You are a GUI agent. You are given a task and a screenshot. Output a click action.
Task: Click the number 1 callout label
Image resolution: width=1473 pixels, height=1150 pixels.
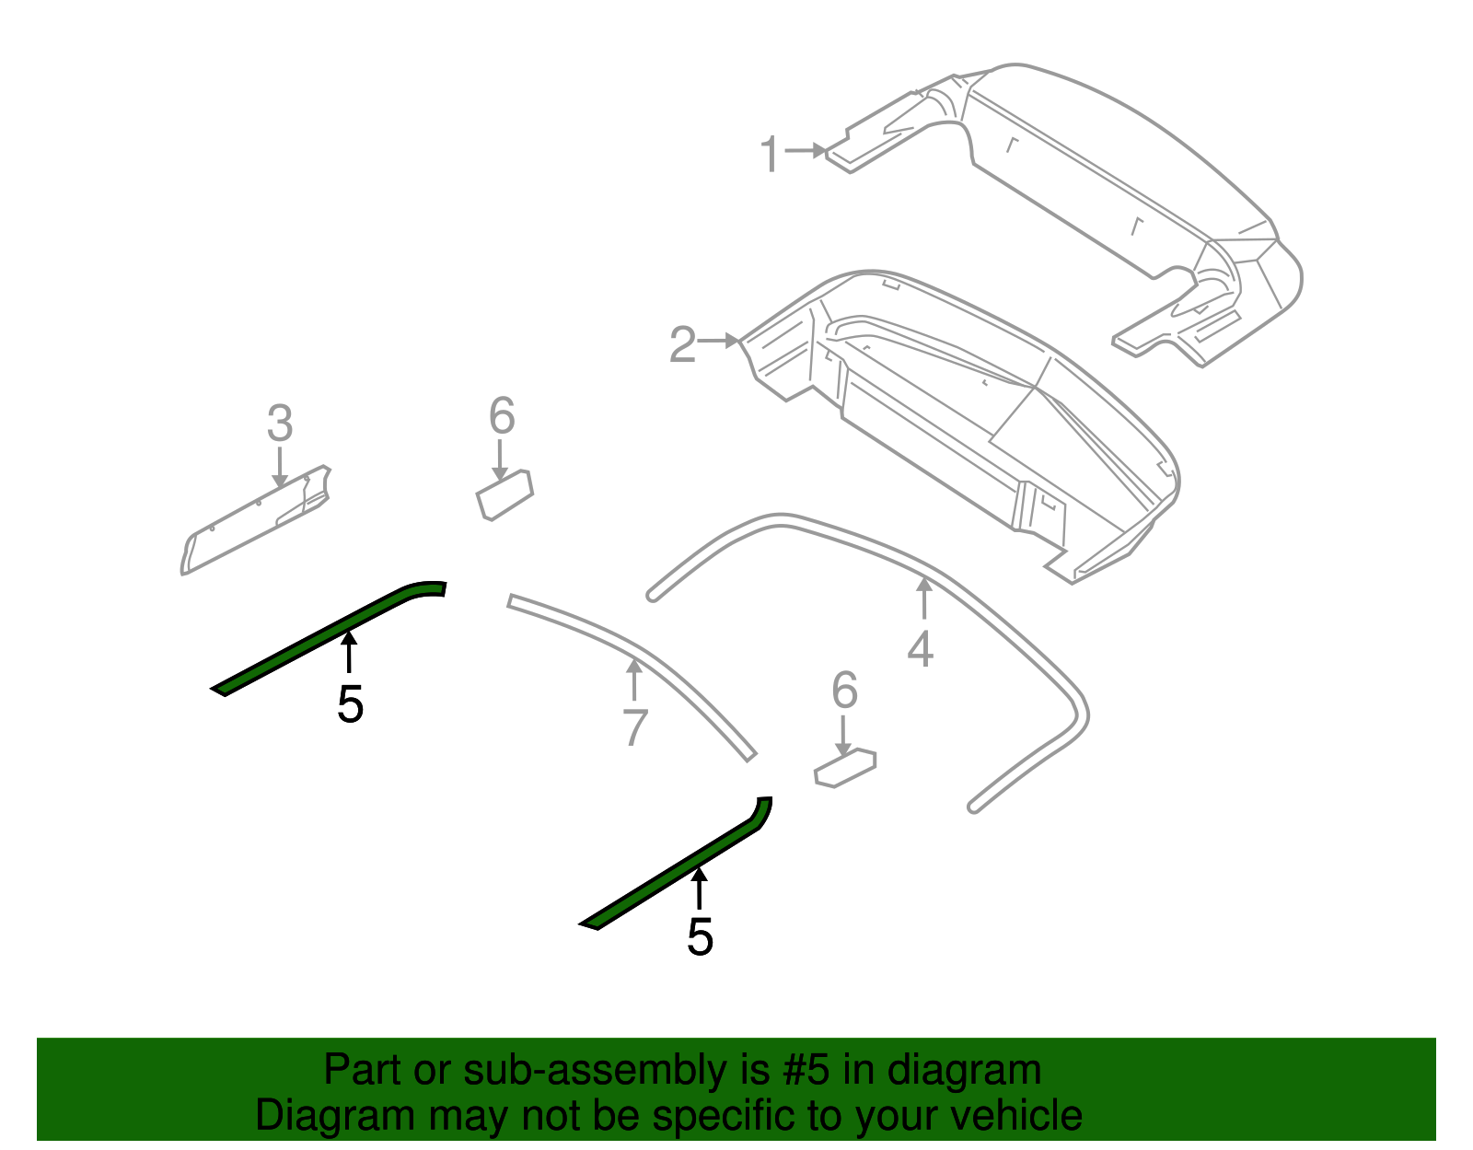point(770,155)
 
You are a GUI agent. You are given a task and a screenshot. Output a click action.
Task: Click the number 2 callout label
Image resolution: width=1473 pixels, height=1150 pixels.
point(682,344)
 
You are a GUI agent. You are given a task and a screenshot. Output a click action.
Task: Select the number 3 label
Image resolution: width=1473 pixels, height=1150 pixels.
point(280,424)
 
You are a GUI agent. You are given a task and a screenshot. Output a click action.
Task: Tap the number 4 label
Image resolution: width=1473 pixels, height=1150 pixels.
point(920,648)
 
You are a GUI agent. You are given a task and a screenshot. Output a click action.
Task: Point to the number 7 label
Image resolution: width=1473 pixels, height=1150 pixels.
point(635,726)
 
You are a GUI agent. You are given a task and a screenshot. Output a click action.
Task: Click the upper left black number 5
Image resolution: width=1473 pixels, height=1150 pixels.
point(350,704)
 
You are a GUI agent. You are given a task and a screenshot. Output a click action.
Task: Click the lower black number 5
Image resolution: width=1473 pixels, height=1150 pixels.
point(700,937)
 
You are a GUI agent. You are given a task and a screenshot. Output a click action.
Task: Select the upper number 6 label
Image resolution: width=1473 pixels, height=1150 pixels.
point(501,416)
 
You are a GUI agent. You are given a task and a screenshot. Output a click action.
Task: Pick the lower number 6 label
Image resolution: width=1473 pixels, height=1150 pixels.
point(844,691)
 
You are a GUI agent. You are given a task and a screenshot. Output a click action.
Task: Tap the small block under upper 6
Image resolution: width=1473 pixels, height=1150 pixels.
point(505,494)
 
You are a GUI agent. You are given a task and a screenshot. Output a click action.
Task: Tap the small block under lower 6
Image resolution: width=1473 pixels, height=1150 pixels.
point(845,768)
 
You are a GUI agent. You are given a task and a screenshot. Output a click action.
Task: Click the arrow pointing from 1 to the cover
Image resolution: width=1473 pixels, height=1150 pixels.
point(806,150)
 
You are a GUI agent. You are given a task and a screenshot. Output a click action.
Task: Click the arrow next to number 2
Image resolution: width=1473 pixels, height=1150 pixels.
point(719,342)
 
